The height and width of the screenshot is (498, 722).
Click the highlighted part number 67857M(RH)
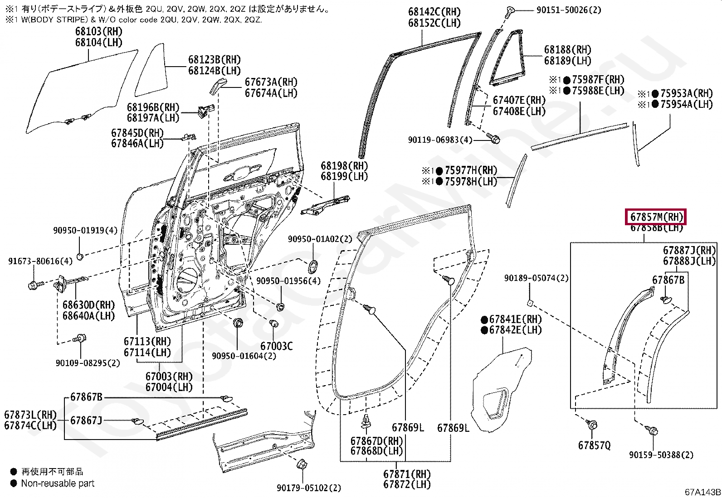656,217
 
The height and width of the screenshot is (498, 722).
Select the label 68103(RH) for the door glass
99,32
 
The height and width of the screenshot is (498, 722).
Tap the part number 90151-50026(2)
560,10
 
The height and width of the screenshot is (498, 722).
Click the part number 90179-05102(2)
309,488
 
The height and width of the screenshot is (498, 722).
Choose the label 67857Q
594,445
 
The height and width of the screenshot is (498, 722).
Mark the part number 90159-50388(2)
661,454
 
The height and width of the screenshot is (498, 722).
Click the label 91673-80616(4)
40,261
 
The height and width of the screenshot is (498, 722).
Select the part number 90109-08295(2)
88,363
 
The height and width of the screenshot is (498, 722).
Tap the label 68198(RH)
344,166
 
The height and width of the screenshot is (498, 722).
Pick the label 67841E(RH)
511,319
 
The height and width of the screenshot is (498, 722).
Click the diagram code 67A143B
702,492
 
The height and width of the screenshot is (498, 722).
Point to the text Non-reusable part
58,483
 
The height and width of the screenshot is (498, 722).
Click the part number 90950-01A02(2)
320,239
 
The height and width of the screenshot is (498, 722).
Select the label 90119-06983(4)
440,140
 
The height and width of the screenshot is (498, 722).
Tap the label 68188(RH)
568,50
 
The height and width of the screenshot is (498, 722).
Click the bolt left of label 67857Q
592,425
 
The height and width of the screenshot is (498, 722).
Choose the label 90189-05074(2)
536,278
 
